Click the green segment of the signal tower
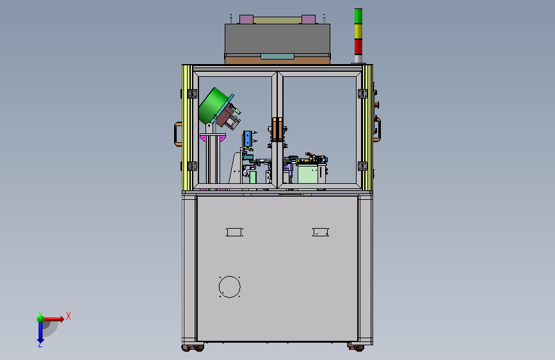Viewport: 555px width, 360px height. [358, 16]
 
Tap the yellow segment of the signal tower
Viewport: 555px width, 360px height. [358, 31]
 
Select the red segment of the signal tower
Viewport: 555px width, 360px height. [358, 47]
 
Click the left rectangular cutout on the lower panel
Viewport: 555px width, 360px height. [234, 232]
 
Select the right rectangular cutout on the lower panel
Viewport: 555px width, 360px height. [320, 232]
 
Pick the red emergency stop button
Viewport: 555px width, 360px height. [377, 104]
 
